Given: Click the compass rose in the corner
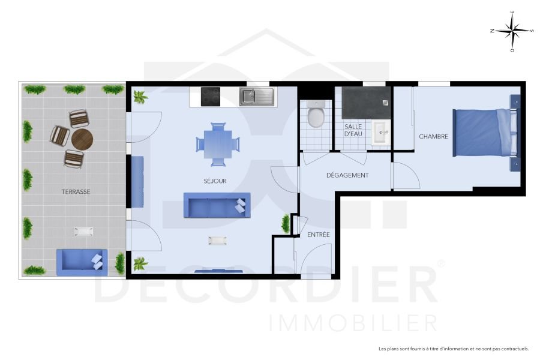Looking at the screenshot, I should point(512,31).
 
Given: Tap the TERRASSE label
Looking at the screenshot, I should point(76,192).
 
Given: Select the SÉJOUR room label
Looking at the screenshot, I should point(215,181).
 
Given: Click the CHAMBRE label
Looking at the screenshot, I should point(433,137).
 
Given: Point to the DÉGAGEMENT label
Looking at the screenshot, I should point(347,175).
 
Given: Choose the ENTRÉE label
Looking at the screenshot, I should point(319,235).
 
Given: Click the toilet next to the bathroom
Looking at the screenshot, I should point(316,114).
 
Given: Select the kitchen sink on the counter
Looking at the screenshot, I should point(256,96).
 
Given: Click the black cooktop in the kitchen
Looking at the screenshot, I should point(211,97).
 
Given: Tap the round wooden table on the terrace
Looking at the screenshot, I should point(82,140).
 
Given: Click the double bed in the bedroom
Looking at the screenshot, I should point(485,133).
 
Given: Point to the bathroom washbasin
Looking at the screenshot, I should point(380,133).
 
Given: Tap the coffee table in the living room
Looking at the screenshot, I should point(217,241).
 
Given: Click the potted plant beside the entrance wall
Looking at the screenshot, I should point(286,224).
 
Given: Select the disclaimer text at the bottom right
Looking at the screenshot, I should point(453,349).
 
